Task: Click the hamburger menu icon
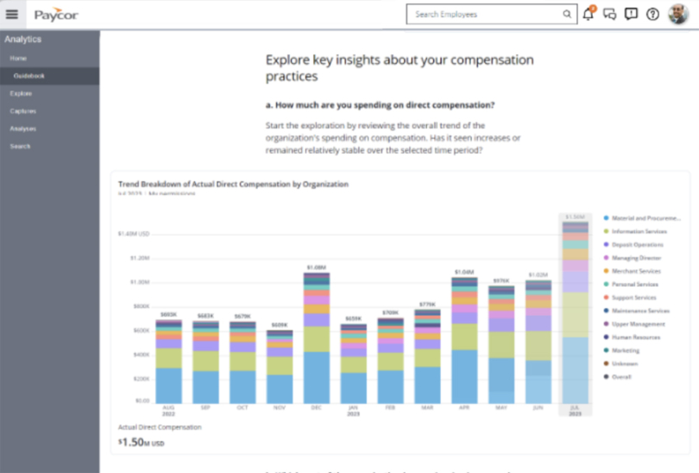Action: pos(12,14)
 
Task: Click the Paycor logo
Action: pos(57,15)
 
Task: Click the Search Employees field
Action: pos(488,14)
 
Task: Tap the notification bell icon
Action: pos(589,14)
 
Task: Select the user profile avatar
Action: pos(677,14)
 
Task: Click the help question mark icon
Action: pos(652,14)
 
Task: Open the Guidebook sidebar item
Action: pos(29,76)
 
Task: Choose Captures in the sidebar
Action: pos(23,111)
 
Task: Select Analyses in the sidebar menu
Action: pos(23,129)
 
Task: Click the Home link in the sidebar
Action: pos(18,58)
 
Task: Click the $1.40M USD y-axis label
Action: pos(134,233)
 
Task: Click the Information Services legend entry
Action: pos(639,231)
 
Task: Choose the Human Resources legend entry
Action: pos(637,337)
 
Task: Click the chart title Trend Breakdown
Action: pos(233,184)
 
